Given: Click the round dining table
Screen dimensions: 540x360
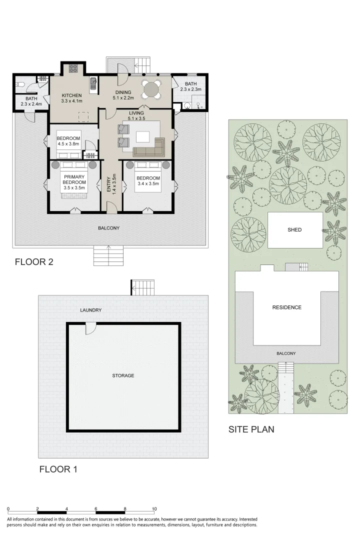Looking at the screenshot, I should tap(150, 90).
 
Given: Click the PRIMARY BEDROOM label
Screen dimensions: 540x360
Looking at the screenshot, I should tap(73, 179).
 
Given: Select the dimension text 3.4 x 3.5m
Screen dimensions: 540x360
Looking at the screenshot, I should tap(148, 184).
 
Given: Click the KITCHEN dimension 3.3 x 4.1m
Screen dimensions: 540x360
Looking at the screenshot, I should tap(71, 100).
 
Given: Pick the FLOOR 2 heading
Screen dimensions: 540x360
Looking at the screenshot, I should tap(34, 261).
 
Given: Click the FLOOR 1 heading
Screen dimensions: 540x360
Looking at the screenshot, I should tap(58, 469).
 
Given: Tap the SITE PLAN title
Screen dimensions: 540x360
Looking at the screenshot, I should tap(251, 429).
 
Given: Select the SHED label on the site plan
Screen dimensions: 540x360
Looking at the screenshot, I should tap(294, 230).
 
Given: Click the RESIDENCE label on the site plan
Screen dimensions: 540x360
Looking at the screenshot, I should tap(286, 307).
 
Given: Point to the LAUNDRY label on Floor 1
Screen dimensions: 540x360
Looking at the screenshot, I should tap(91, 310).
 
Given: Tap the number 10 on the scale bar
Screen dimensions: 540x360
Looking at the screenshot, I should tap(154, 508).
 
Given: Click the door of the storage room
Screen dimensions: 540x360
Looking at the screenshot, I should tap(91, 328).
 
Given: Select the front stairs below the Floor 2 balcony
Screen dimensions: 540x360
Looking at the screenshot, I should tap(108, 256).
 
